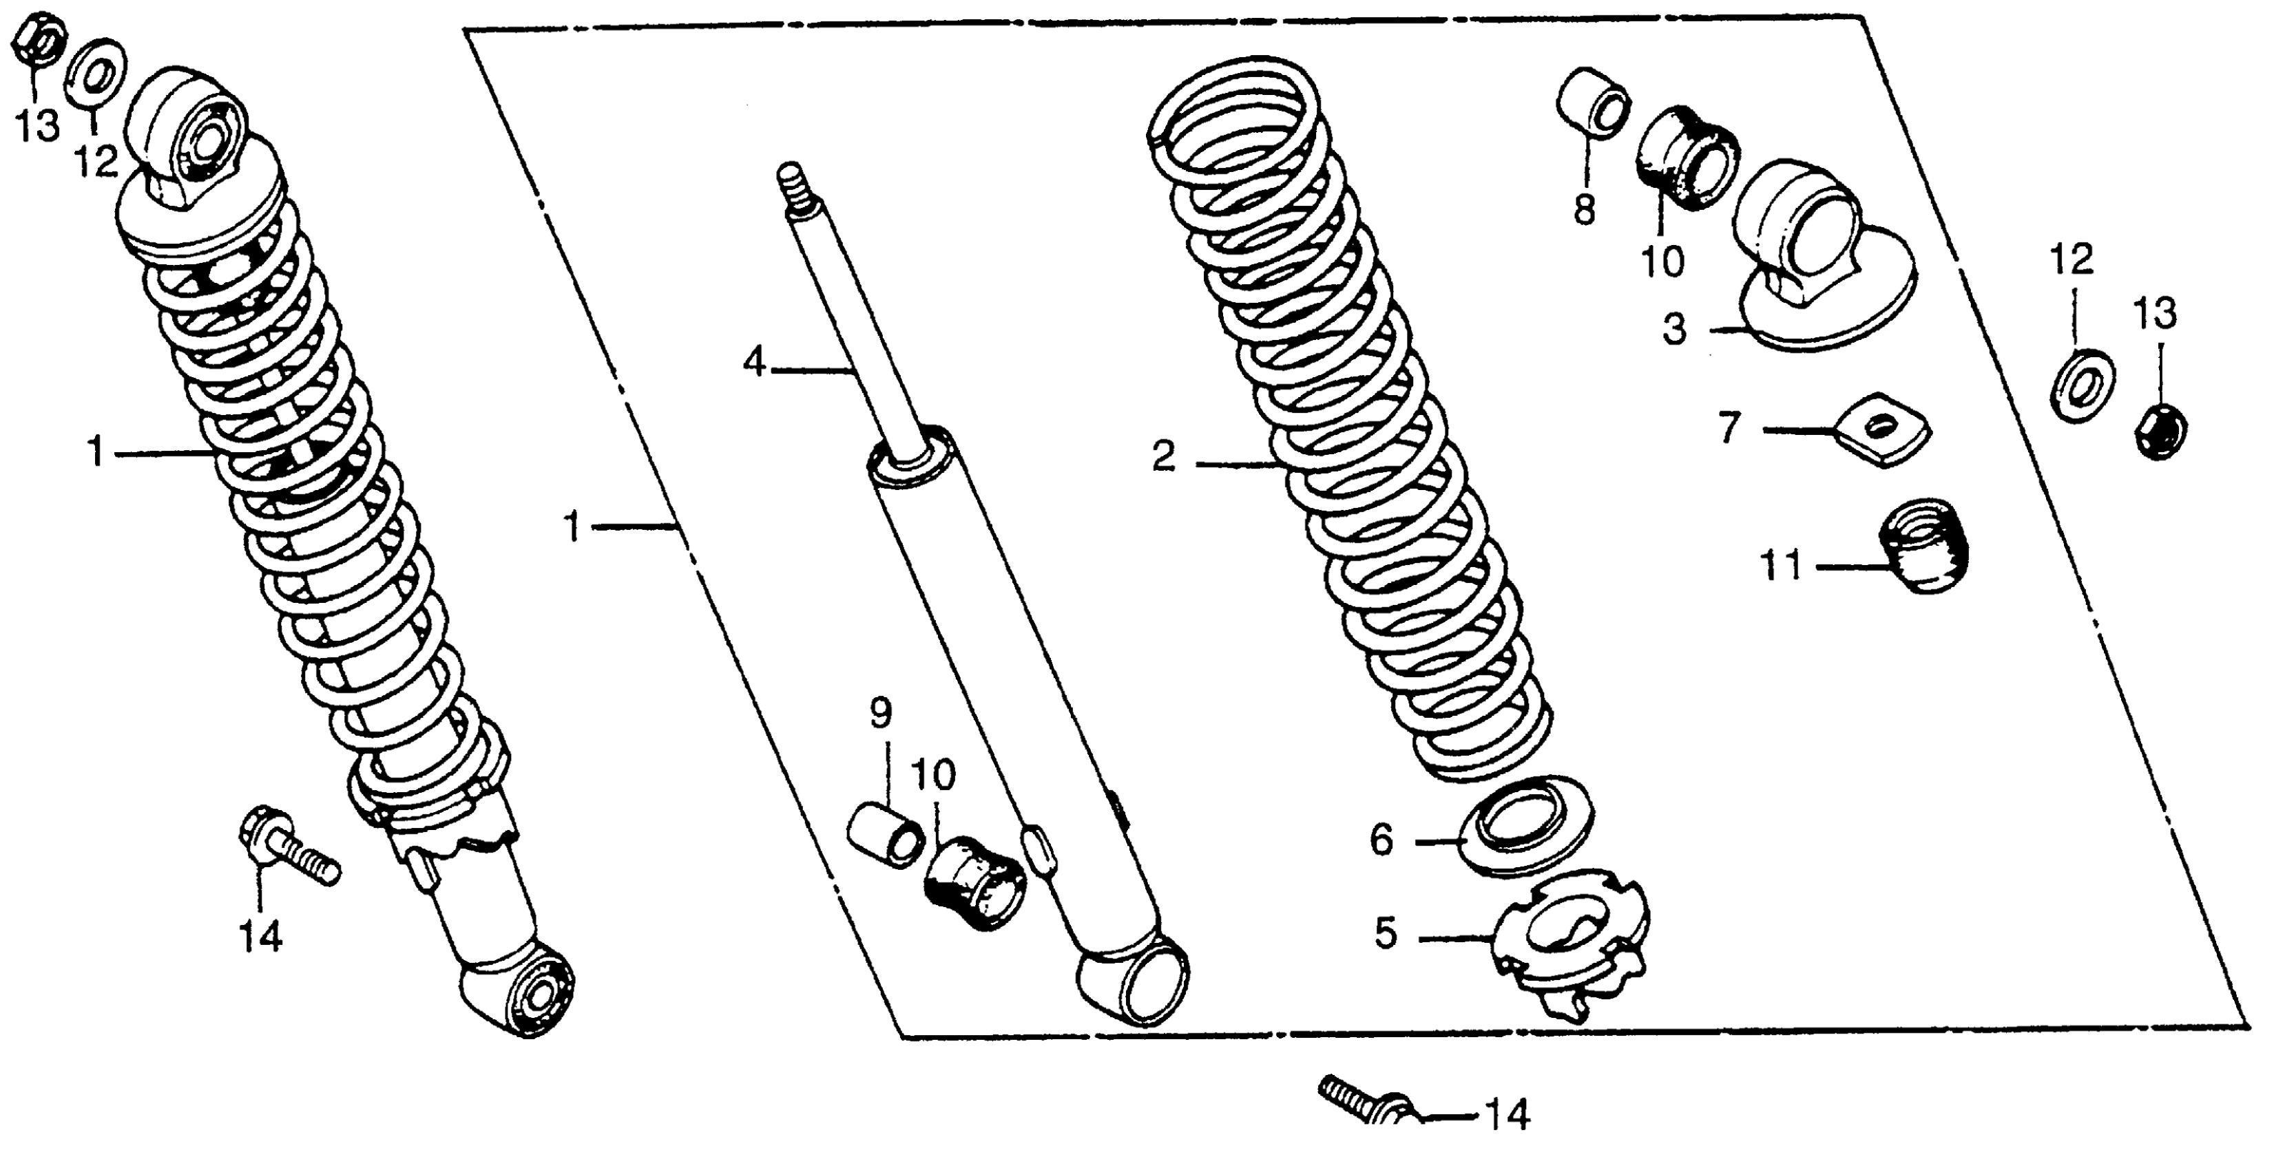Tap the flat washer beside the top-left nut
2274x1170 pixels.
click(95, 71)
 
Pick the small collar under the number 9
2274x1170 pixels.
click(886, 834)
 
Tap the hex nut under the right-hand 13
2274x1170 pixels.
click(2158, 429)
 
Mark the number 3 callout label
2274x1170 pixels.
click(1675, 329)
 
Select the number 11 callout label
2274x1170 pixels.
click(1782, 566)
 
